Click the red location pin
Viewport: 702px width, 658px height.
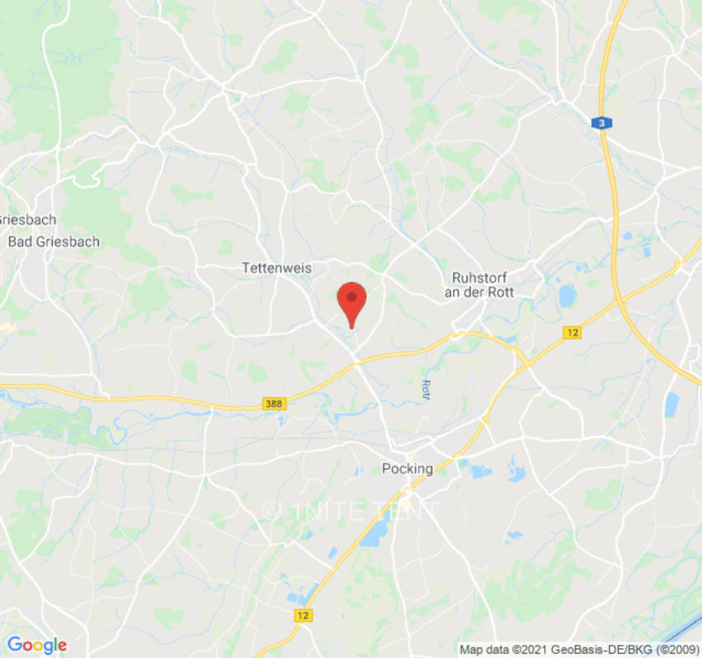click(x=352, y=301)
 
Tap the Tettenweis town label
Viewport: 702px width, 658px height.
click(x=272, y=268)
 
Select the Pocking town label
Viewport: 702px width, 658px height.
click(x=407, y=469)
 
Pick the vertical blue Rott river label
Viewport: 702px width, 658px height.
click(x=425, y=389)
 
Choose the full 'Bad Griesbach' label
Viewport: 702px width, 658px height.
click(x=53, y=242)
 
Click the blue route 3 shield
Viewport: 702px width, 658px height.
click(x=602, y=123)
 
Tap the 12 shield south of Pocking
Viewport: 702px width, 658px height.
click(x=305, y=615)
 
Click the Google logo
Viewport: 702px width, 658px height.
click(x=36, y=646)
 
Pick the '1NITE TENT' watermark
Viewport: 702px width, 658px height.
click(x=351, y=511)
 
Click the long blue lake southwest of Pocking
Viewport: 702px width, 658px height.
click(x=375, y=535)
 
